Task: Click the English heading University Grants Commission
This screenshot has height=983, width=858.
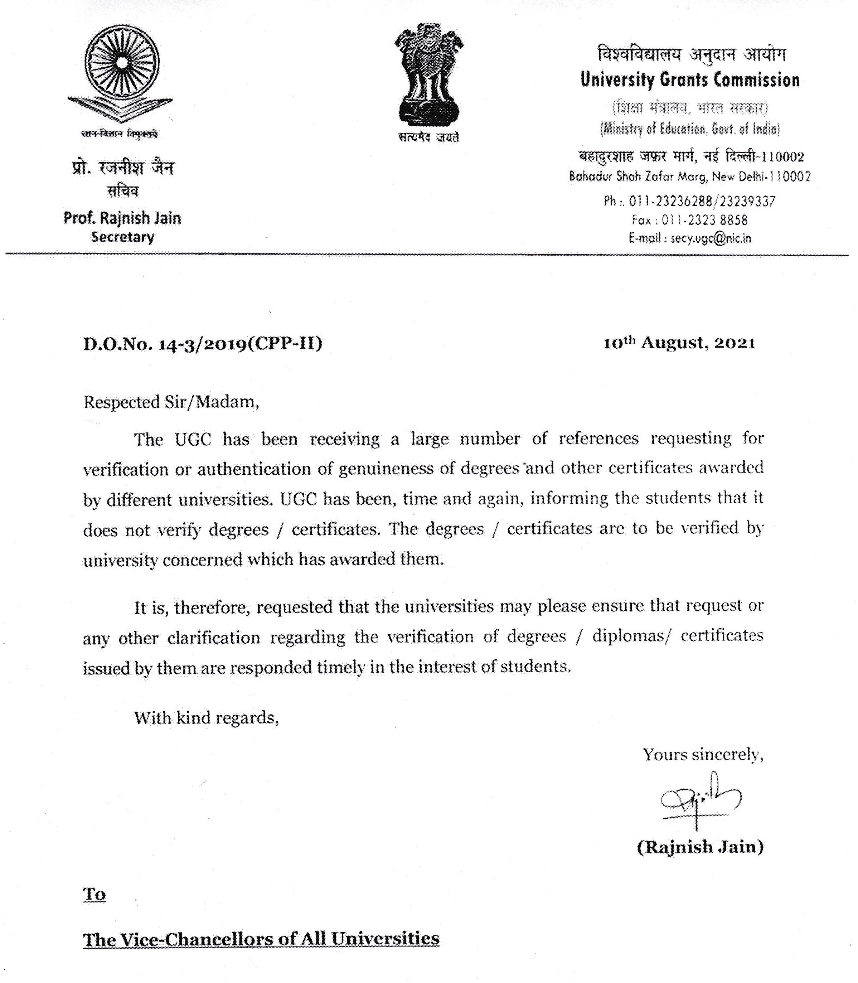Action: [x=690, y=80]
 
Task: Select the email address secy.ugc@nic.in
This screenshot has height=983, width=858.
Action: [x=711, y=238]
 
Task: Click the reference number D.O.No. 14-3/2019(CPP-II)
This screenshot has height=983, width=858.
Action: [x=203, y=343]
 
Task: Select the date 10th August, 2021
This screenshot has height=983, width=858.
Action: [x=679, y=343]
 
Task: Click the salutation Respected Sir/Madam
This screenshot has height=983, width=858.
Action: [x=171, y=402]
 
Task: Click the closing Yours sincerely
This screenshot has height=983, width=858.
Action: [x=702, y=755]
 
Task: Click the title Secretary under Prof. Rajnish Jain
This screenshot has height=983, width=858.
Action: [x=122, y=237]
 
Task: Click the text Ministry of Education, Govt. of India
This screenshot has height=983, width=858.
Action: [x=690, y=129]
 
